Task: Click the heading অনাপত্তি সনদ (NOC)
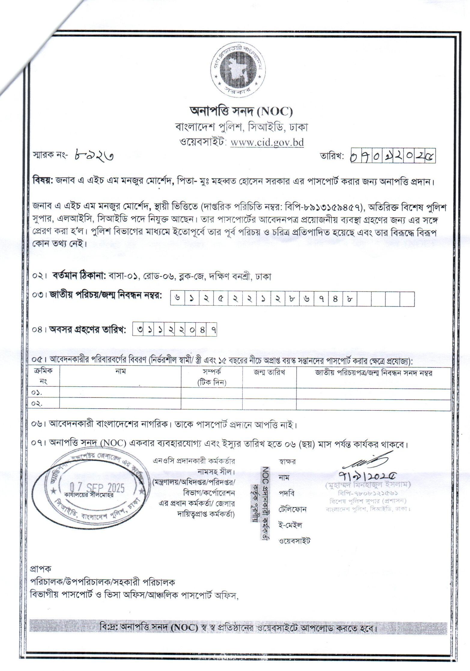[241, 112]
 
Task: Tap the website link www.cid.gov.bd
[267, 142]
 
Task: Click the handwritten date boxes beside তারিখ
[393, 156]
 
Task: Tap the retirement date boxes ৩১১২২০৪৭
[174, 330]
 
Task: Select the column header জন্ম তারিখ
[269, 373]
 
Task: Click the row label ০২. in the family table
[38, 404]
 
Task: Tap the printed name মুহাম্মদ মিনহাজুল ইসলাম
[368, 484]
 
